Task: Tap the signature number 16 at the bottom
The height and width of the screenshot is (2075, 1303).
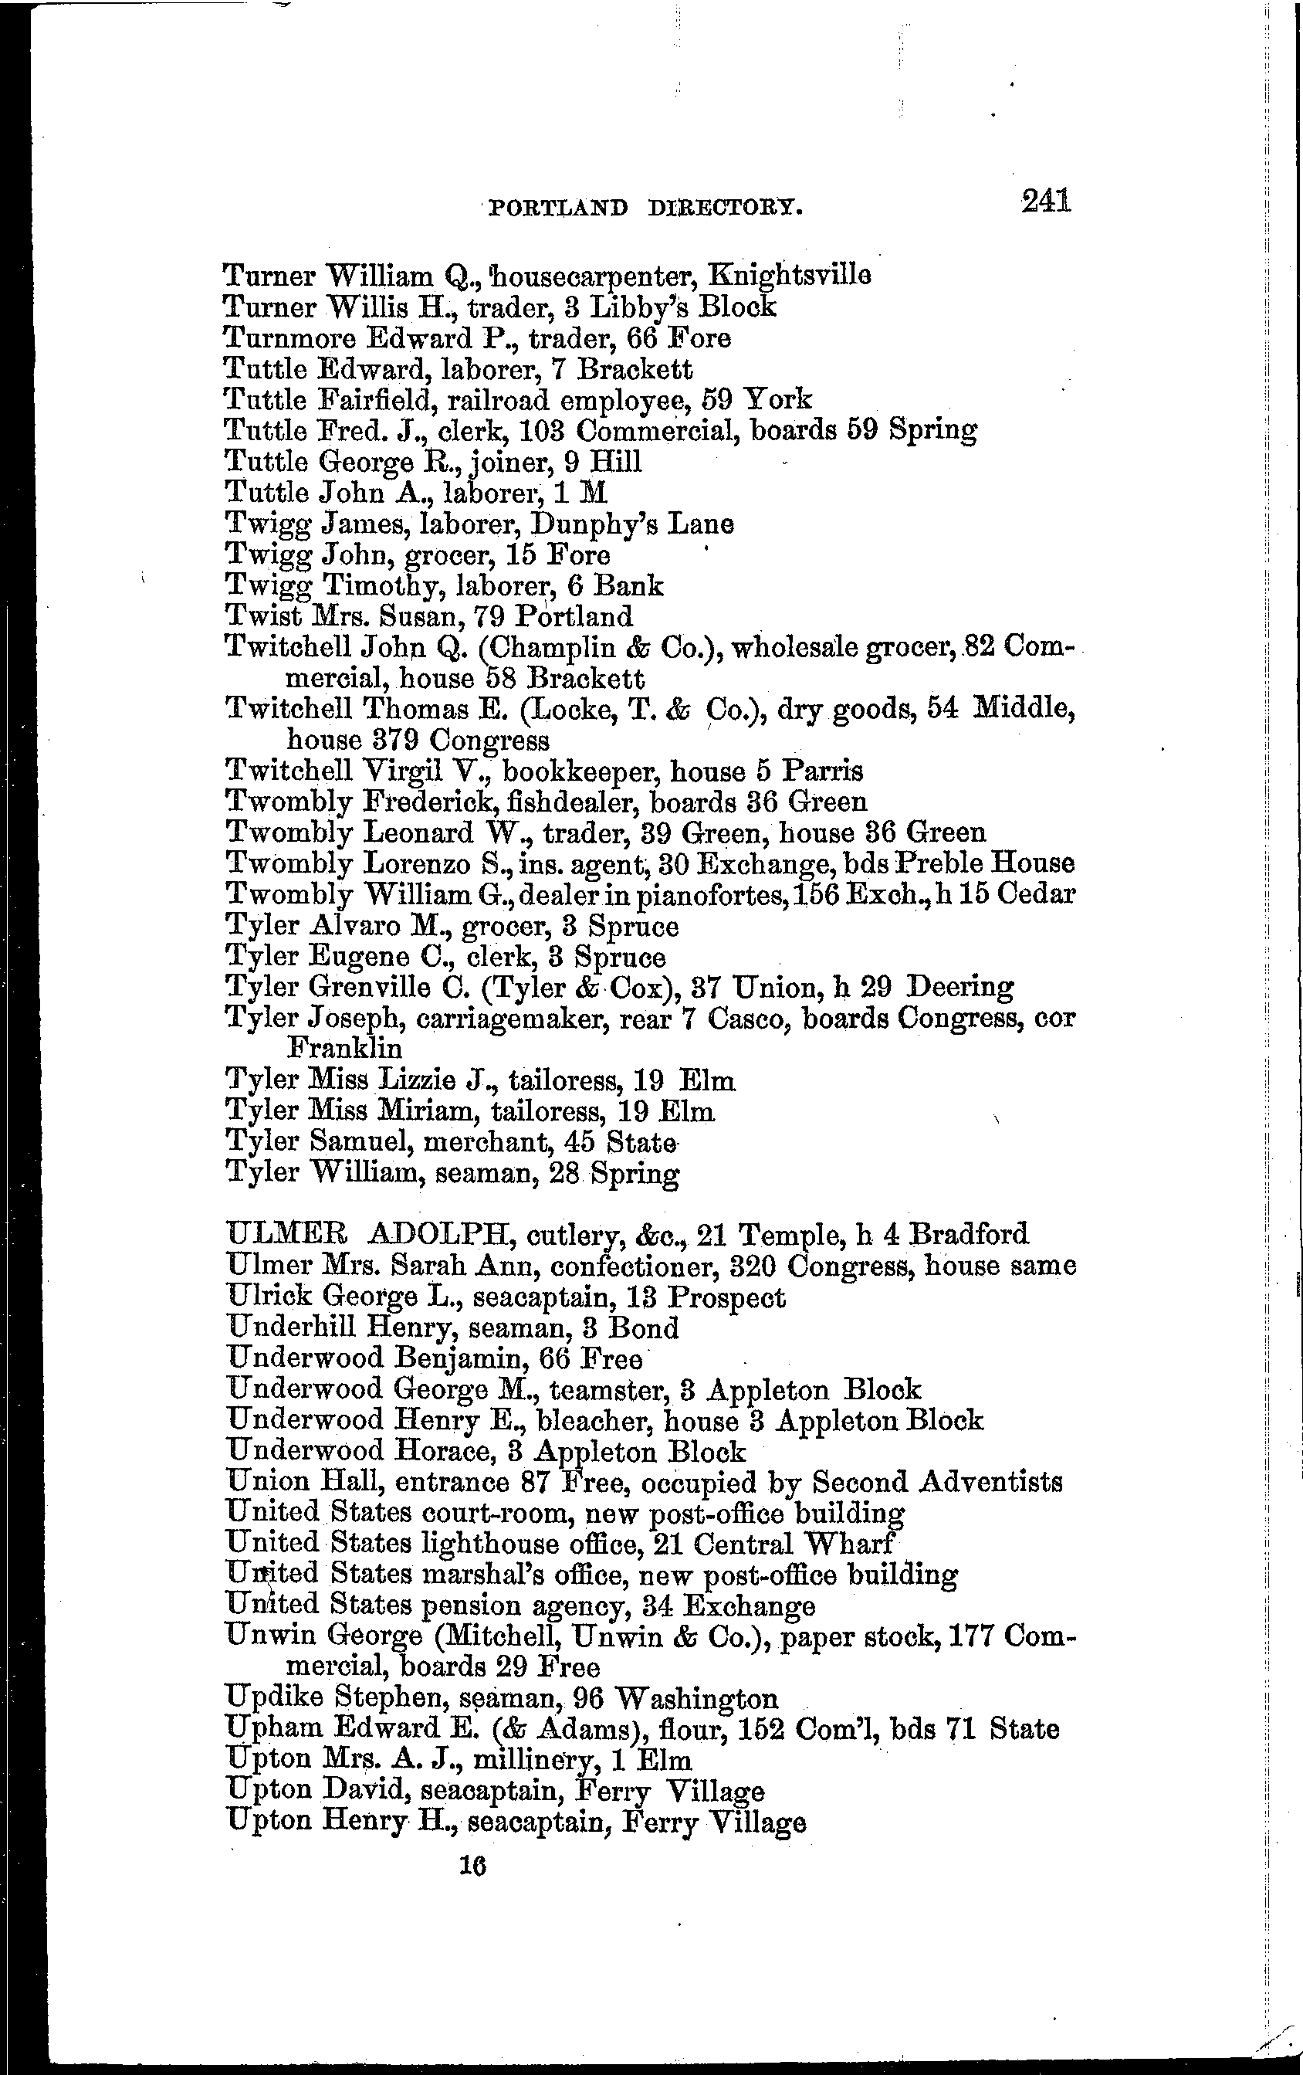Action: (x=472, y=1865)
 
